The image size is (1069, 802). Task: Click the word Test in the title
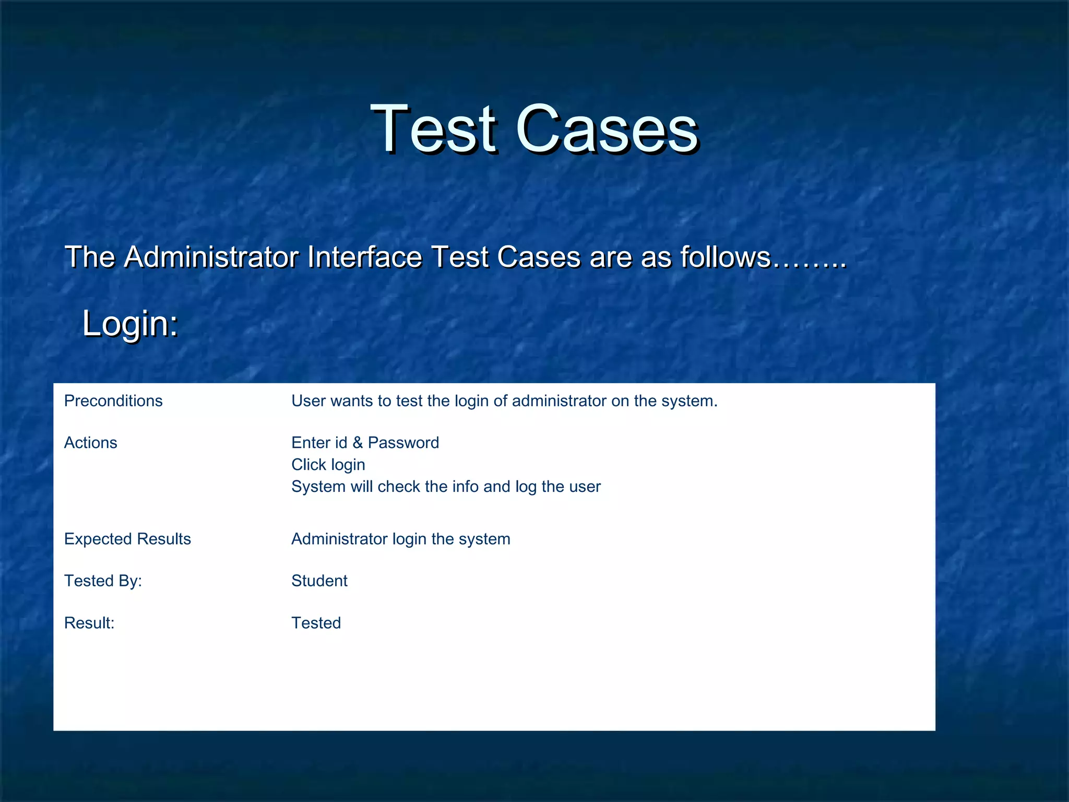[433, 128]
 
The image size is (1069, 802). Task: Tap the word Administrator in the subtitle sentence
[211, 257]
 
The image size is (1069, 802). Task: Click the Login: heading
[130, 323]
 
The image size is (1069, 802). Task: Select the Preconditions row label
[113, 401]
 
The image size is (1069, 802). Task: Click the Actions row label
[90, 443]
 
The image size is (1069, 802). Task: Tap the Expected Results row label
[127, 539]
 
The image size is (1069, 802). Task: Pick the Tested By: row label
[103, 581]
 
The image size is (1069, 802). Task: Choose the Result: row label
[89, 623]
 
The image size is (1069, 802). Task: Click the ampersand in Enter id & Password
[358, 443]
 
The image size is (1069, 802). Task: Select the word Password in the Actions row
[403, 443]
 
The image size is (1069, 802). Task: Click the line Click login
[328, 465]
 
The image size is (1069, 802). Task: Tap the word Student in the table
[319, 581]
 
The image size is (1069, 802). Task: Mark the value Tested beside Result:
[316, 623]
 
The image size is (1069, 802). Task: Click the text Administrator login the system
[400, 539]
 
